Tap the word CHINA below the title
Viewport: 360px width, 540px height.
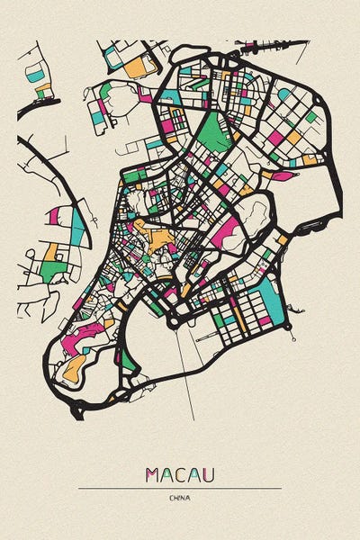coord(180,498)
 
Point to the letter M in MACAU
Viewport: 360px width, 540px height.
coord(152,474)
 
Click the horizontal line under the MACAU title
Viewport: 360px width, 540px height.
coord(180,488)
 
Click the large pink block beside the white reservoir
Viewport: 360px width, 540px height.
coord(227,231)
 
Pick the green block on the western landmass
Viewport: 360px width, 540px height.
coord(54,267)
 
